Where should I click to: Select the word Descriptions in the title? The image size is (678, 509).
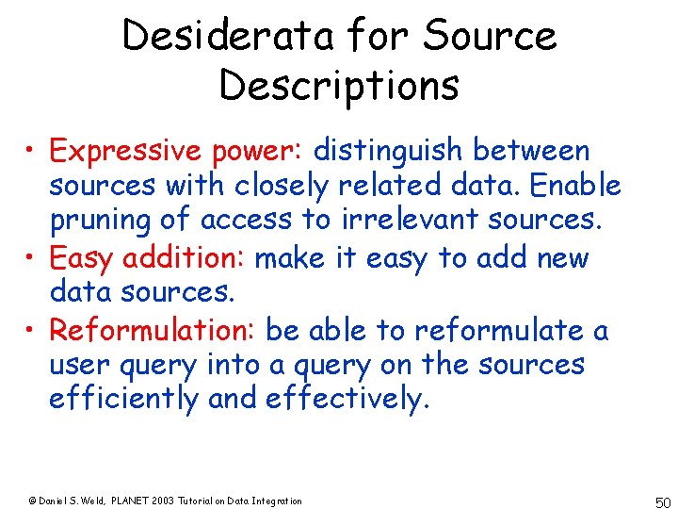click(x=339, y=85)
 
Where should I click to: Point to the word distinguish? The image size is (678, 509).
click(x=388, y=151)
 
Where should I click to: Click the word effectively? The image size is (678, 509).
click(x=347, y=400)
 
